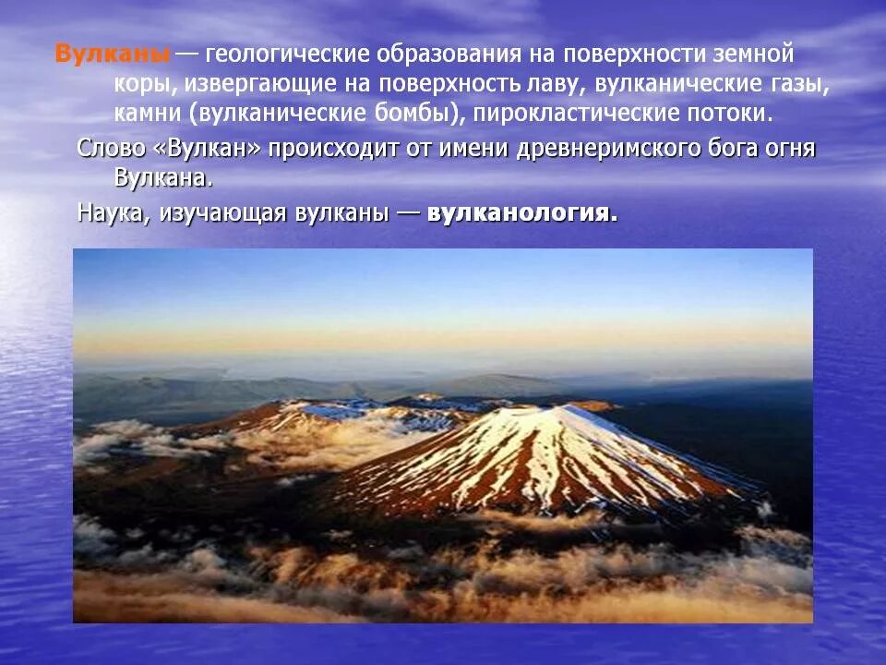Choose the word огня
click(x=788, y=149)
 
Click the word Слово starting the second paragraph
click(x=108, y=149)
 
